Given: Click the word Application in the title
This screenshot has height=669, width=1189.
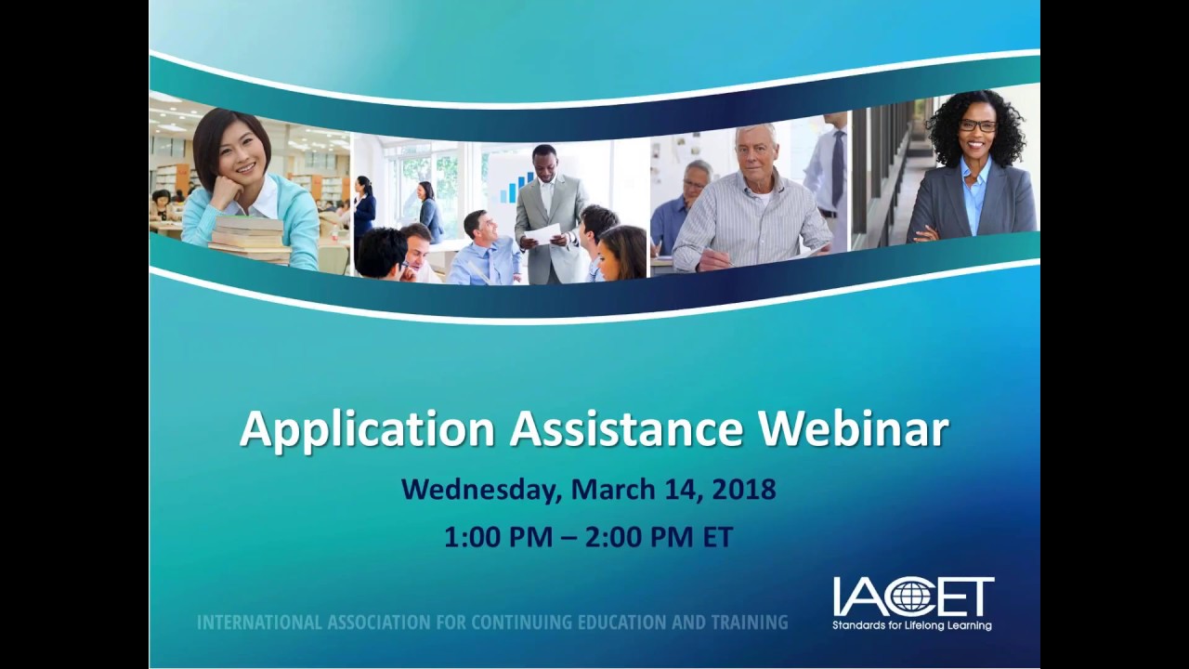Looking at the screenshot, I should (x=367, y=429).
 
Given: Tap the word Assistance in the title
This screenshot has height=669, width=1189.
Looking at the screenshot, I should (x=626, y=429).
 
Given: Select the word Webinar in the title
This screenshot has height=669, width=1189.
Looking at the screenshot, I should (x=854, y=429).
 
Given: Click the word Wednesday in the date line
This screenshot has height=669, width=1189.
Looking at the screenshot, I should (x=481, y=489).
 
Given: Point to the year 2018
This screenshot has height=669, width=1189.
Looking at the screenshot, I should (x=743, y=489).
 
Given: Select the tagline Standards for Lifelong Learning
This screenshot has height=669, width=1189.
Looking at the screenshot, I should (x=912, y=625).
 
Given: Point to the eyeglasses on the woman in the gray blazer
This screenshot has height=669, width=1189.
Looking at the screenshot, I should (x=977, y=125).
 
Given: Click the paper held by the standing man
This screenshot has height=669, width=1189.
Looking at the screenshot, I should (x=542, y=233).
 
